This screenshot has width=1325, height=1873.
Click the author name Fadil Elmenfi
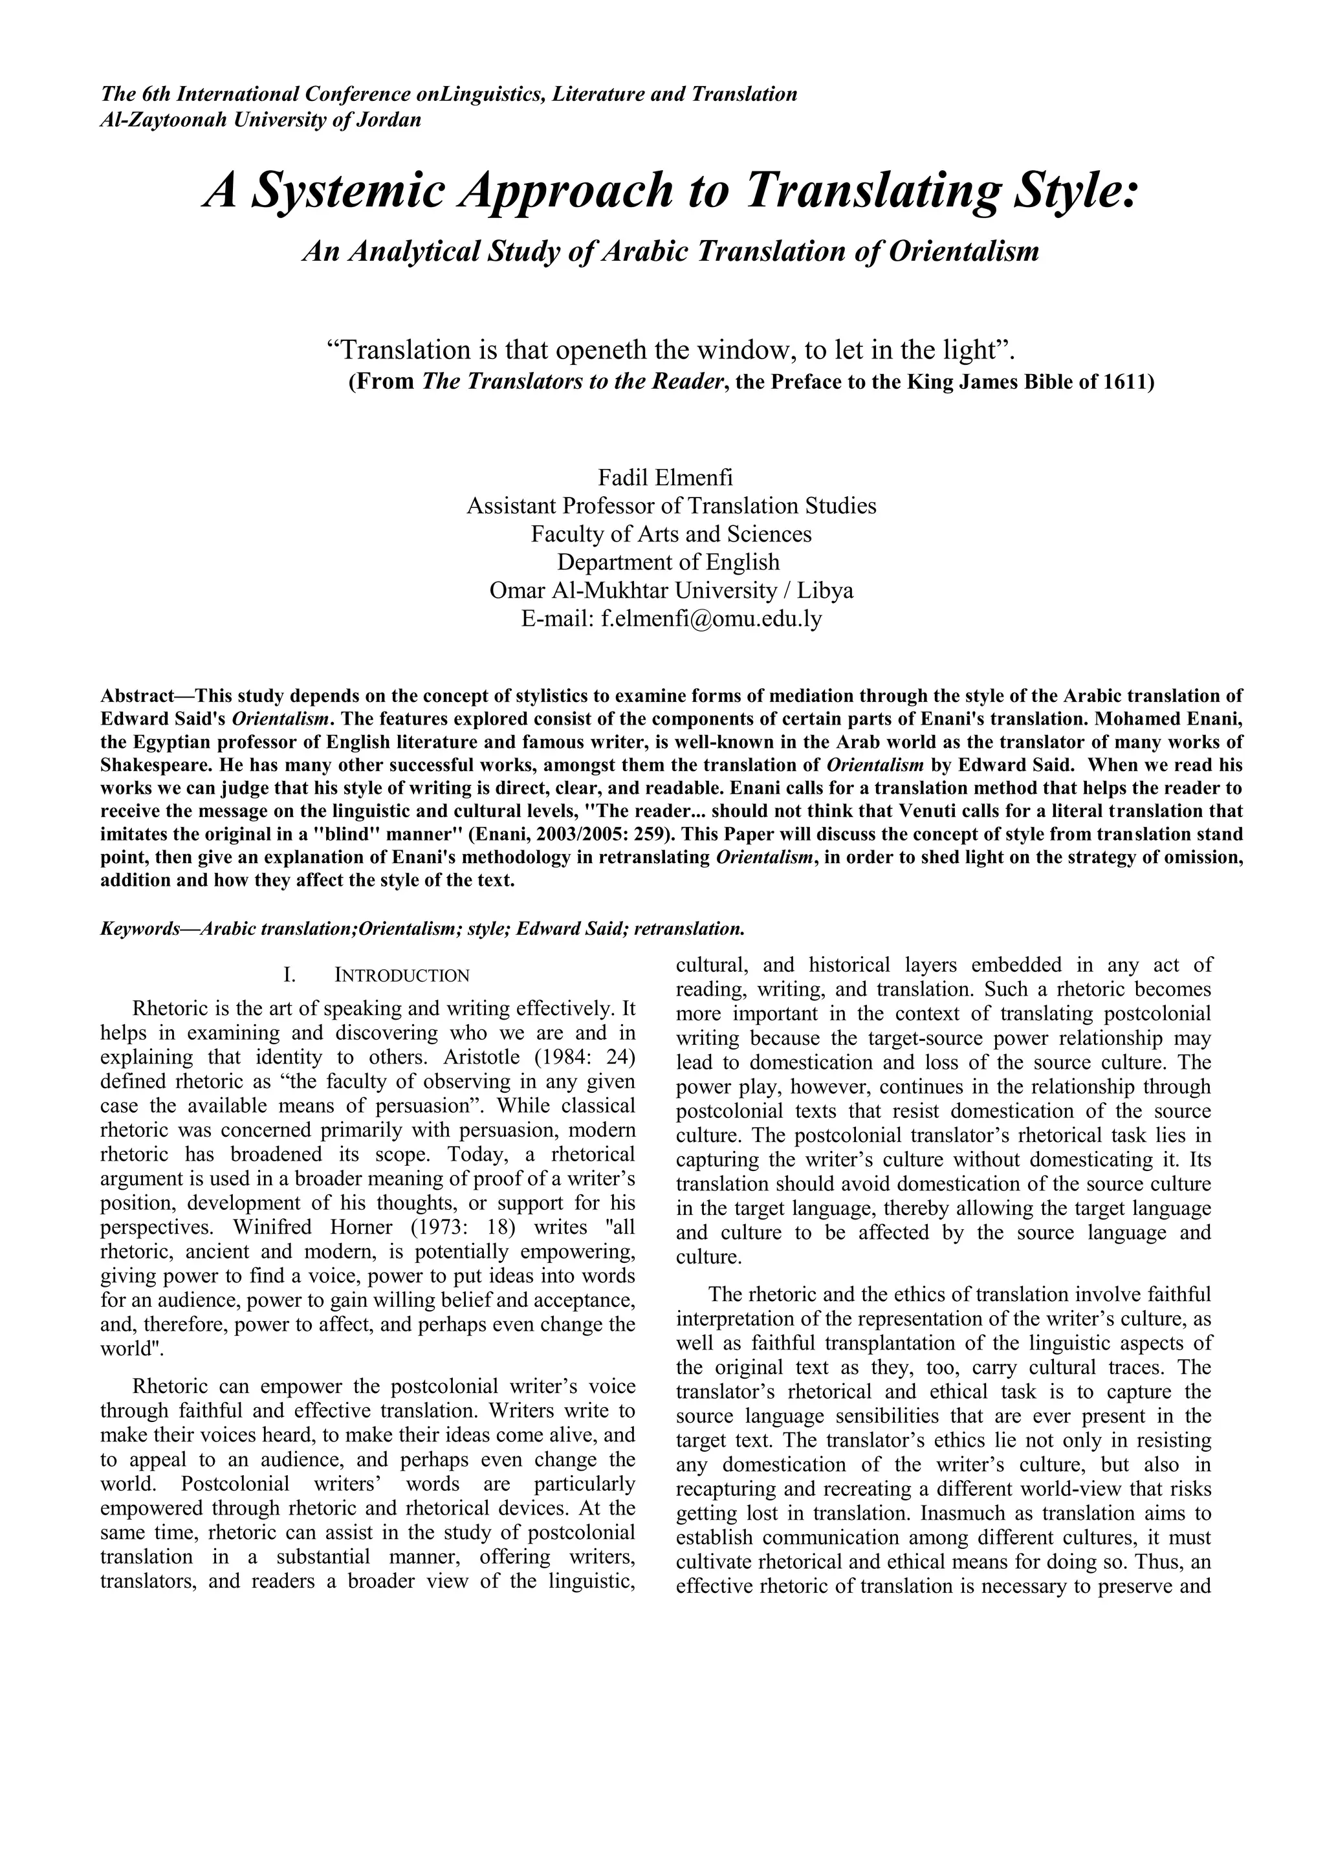[665, 477]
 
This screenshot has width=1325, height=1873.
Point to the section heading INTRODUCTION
[402, 976]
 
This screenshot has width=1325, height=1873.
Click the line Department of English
[668, 562]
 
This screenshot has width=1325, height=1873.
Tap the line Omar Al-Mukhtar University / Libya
[671, 590]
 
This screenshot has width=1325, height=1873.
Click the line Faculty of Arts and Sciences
[671, 534]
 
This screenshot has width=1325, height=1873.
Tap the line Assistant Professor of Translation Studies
[671, 506]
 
